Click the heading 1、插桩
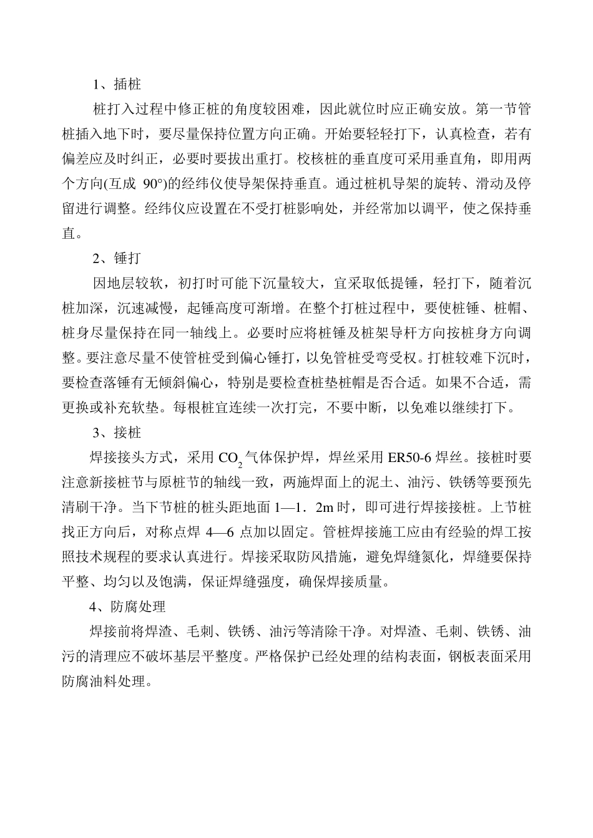117,84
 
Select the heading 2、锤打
117,259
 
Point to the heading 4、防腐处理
127,607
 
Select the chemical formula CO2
230,459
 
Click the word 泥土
357,483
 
